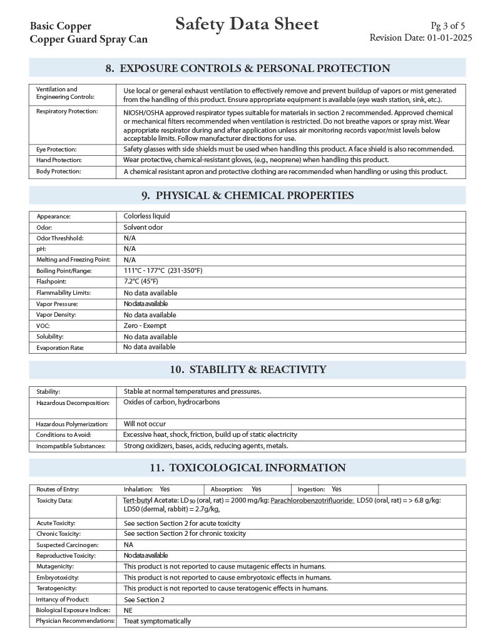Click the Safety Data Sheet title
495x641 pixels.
[x=247, y=24]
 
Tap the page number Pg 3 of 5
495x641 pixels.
[x=447, y=26]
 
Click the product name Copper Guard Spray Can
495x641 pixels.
[x=89, y=39]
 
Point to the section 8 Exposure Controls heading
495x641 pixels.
[x=247, y=68]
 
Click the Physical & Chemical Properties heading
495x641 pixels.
[x=247, y=195]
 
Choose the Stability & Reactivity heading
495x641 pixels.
[x=247, y=369]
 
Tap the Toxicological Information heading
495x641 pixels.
[x=247, y=468]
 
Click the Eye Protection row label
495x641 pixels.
[x=56, y=150]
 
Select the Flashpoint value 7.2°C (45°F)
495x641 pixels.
[x=141, y=282]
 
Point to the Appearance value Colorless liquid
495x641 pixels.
[x=146, y=216]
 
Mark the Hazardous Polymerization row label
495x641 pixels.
[x=71, y=424]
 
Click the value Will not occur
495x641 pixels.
[x=145, y=424]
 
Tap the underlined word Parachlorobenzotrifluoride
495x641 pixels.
[x=312, y=500]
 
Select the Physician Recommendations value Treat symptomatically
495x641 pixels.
[x=157, y=621]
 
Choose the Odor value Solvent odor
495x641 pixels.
[x=143, y=227]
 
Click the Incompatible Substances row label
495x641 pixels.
[x=71, y=446]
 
